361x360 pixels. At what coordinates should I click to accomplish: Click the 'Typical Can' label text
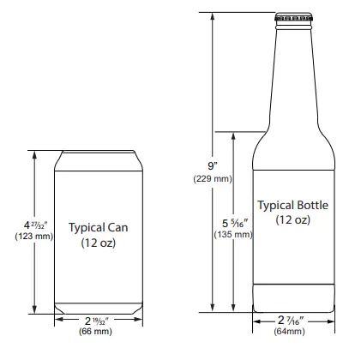coord(99,228)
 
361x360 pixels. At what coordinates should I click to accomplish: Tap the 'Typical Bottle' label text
coord(292,206)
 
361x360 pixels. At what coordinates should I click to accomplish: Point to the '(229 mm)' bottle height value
coord(211,178)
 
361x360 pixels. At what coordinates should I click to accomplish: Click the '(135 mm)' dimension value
coord(232,234)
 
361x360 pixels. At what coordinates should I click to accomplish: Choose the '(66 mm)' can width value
coord(96,330)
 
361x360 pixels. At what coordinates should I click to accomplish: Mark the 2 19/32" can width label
coord(96,319)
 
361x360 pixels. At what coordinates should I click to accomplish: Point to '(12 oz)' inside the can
coord(99,243)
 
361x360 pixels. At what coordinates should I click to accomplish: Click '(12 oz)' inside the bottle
coord(292,220)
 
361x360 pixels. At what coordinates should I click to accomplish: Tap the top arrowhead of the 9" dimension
coord(211,16)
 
